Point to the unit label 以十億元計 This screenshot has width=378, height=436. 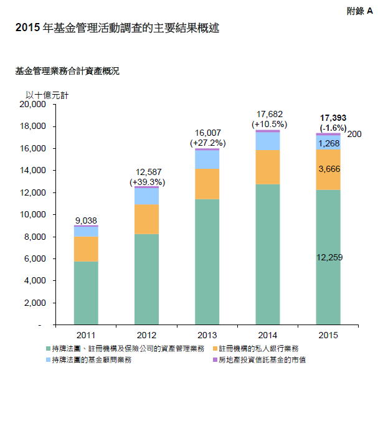(x=47, y=95)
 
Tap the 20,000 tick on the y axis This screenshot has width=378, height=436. (x=34, y=105)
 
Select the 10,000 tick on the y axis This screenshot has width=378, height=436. (x=34, y=215)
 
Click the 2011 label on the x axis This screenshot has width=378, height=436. (x=86, y=335)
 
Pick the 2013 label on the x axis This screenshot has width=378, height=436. (x=207, y=335)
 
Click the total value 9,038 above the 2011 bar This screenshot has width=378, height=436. (x=86, y=220)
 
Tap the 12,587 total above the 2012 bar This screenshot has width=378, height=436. (x=147, y=173)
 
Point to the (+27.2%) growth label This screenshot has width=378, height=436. (x=207, y=143)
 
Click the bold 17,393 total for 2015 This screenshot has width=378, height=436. (x=329, y=118)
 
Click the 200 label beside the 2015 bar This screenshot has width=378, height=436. (x=354, y=134)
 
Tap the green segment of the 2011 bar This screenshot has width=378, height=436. (x=86, y=293)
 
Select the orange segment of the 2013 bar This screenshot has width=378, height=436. (x=207, y=184)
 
